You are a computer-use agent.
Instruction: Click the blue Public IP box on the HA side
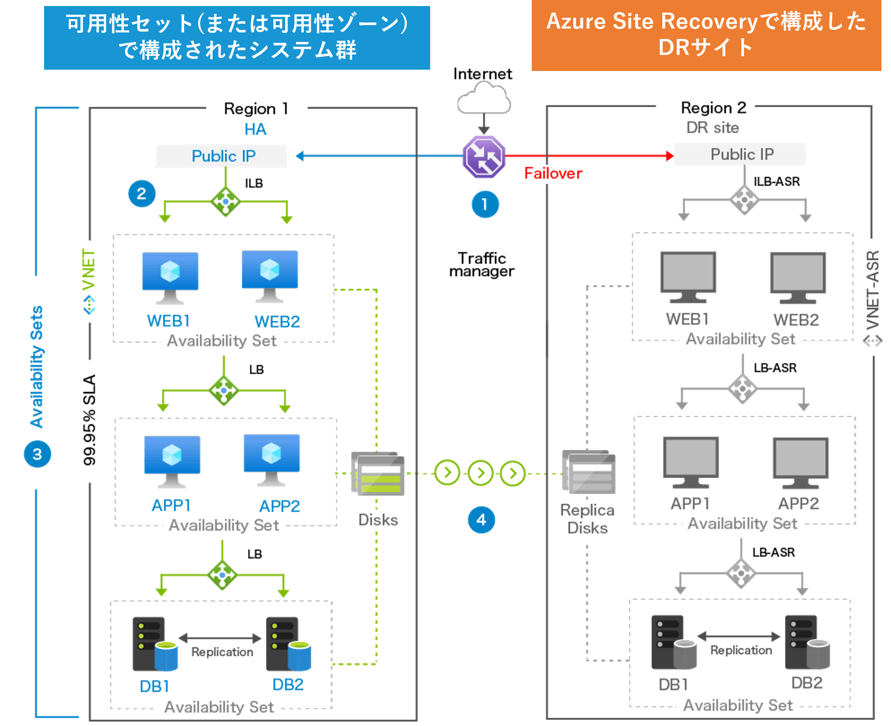tap(220, 156)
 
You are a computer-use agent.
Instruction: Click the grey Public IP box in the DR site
tap(740, 154)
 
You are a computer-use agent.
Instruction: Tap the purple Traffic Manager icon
tap(484, 157)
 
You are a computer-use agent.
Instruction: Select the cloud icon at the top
tap(484, 99)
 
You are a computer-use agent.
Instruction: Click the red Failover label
tap(553, 173)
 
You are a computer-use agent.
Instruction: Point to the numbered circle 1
tap(485, 204)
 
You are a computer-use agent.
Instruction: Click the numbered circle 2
tap(142, 193)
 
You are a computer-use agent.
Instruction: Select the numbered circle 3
tap(38, 454)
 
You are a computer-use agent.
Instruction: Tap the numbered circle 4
tap(481, 520)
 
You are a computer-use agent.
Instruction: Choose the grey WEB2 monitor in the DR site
tap(798, 277)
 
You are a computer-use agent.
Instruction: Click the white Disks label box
tap(379, 520)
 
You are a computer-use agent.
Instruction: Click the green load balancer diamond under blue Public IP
tap(226, 202)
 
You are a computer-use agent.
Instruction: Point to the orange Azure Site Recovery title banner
tap(706, 35)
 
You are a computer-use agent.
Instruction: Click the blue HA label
tap(255, 129)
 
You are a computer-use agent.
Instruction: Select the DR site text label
tap(712, 128)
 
